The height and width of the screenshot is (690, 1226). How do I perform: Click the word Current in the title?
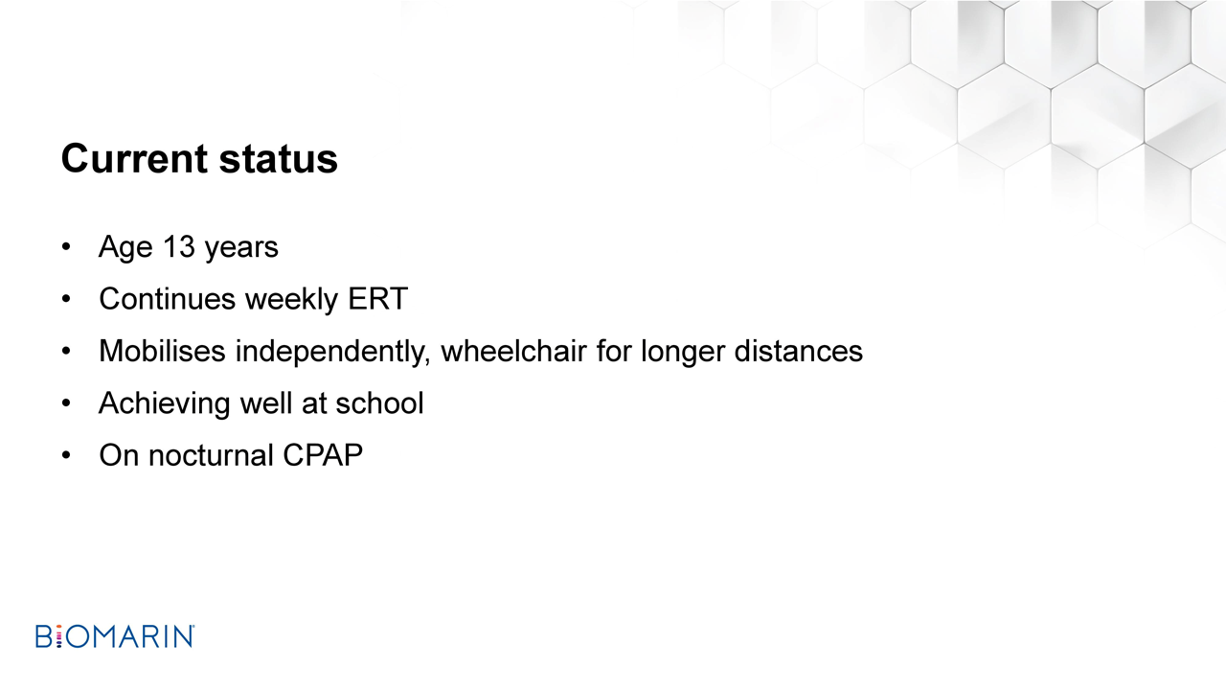tap(134, 159)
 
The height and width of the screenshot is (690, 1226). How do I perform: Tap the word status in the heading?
tap(278, 159)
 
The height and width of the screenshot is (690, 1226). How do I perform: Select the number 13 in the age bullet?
tap(179, 247)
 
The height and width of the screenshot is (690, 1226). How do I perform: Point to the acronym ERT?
tap(377, 299)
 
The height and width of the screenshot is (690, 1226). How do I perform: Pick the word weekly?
tap(292, 300)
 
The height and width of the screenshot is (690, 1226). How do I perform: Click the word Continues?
tap(167, 299)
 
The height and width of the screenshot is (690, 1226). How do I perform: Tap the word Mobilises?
tap(162, 351)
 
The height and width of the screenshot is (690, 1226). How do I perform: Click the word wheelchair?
tap(513, 351)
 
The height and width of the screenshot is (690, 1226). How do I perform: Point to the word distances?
tap(798, 351)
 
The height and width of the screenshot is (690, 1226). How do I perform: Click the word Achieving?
tap(164, 404)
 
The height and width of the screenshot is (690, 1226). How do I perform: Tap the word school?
tap(379, 403)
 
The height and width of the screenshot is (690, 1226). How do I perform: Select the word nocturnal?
tap(211, 455)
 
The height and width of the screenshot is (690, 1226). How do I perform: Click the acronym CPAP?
tap(323, 455)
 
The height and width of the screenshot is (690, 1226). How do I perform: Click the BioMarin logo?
tap(115, 636)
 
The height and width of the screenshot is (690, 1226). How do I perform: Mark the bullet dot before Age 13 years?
tap(66, 247)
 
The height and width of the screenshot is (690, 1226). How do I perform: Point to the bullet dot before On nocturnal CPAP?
tap(66, 455)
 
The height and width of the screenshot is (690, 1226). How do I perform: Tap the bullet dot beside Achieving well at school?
tap(66, 403)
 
